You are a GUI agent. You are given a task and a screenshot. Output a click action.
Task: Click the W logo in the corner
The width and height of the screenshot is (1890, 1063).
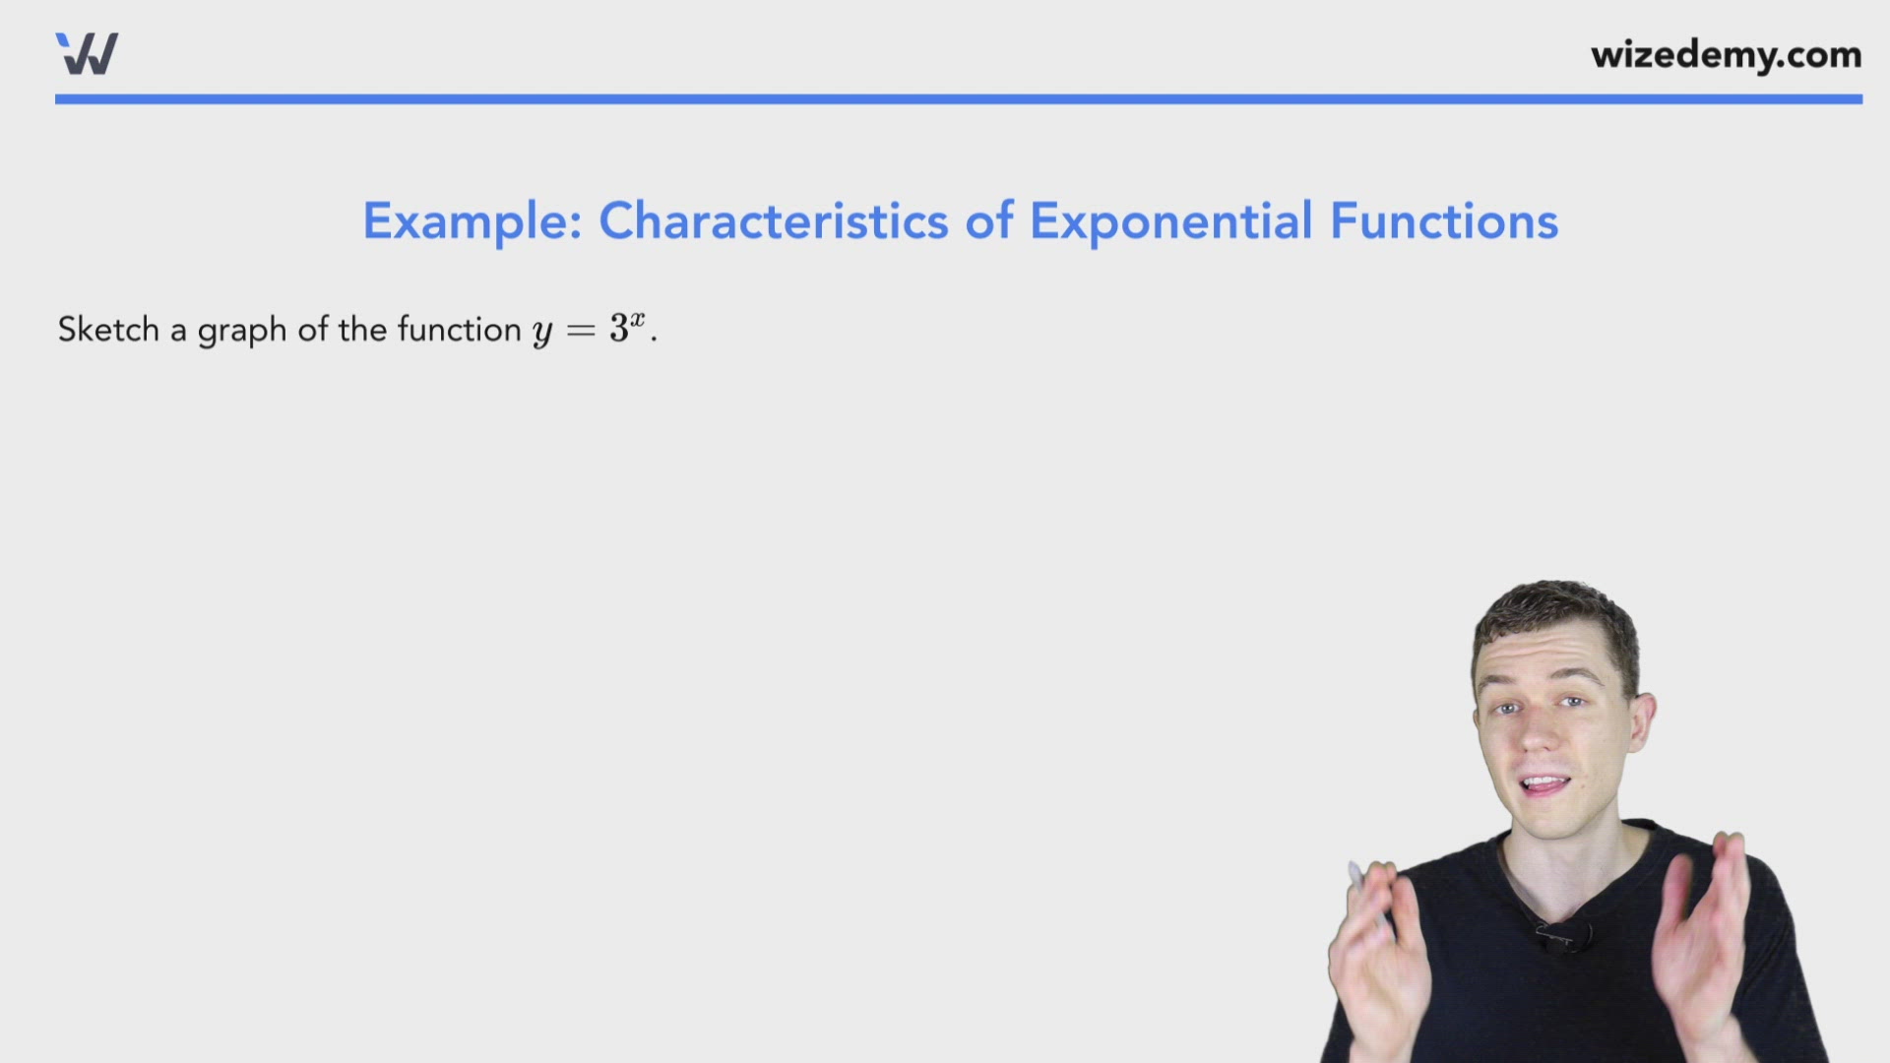[87, 54]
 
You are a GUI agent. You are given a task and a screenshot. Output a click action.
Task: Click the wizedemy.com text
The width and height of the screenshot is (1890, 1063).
[1726, 55]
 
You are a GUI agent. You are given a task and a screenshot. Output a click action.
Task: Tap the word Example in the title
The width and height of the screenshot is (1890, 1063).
[472, 221]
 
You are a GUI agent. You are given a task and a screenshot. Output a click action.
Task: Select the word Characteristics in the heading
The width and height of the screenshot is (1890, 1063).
[773, 220]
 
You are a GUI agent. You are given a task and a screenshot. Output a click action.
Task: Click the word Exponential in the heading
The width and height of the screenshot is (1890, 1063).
[1170, 221]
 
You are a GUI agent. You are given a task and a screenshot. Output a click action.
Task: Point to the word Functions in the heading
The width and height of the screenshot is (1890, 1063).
[1444, 220]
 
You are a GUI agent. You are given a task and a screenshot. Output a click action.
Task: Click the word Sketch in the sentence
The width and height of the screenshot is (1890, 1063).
[108, 330]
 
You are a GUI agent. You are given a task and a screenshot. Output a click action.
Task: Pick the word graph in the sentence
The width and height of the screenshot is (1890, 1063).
[242, 331]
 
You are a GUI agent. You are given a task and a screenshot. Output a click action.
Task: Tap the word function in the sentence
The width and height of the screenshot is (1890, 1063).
[459, 330]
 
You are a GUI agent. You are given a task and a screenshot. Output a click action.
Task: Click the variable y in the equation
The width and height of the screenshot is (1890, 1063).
[542, 332]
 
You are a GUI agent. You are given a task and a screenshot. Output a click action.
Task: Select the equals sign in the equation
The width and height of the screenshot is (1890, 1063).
[581, 331]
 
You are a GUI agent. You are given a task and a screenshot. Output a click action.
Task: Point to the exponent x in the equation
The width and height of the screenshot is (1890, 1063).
[638, 319]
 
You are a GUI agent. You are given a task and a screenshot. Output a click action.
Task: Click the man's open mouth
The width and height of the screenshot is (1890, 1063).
[1544, 785]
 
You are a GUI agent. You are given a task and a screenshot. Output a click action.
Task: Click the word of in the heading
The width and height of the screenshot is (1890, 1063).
[988, 220]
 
